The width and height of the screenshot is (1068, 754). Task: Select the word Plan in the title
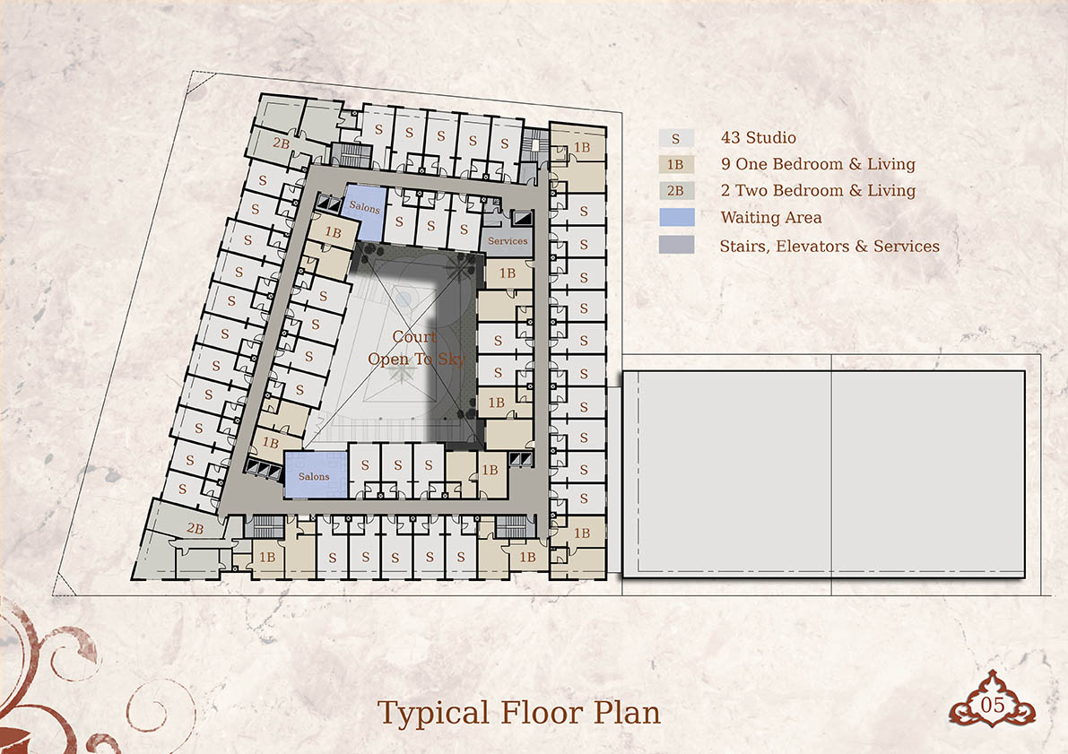[627, 714]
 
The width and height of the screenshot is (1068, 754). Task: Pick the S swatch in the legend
[675, 138]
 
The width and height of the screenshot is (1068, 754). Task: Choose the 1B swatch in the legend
[675, 164]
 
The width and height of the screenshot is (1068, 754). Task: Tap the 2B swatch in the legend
[675, 191]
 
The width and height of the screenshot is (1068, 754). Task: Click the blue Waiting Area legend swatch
[677, 217]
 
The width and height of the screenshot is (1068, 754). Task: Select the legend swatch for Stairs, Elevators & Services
[676, 245]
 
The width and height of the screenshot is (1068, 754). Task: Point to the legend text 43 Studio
[758, 137]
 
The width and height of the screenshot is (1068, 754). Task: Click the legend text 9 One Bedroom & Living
[818, 164]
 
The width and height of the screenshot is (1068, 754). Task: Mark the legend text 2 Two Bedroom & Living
[818, 191]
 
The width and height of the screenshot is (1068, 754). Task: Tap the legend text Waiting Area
[771, 217]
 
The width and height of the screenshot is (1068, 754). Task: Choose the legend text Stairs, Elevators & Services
[829, 246]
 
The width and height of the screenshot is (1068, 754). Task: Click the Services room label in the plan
[508, 241]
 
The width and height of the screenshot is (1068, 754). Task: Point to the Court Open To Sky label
[416, 347]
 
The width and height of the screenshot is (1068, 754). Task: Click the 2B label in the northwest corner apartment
[282, 143]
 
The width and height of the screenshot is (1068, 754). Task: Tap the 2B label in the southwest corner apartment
[195, 529]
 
